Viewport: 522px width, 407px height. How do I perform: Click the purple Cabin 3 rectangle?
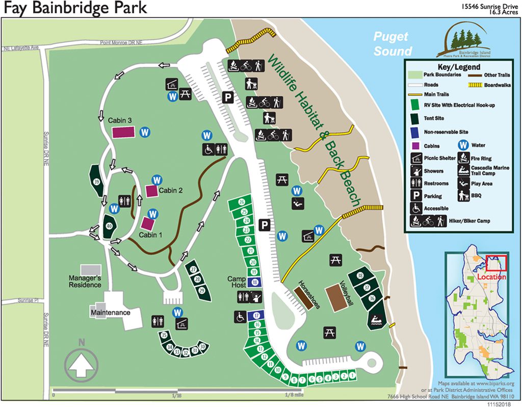tap(124, 132)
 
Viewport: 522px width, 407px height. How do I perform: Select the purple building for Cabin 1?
tap(148, 223)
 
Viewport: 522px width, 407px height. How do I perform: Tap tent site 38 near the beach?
tap(360, 276)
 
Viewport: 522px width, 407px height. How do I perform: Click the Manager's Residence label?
tap(85, 281)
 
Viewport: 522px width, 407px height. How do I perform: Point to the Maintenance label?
tap(110, 312)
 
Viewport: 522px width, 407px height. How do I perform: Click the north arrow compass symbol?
tap(81, 360)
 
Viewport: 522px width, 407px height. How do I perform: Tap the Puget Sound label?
tap(392, 44)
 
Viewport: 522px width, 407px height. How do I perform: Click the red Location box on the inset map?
tap(496, 263)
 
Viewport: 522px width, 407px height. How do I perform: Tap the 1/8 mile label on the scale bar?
tap(294, 394)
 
